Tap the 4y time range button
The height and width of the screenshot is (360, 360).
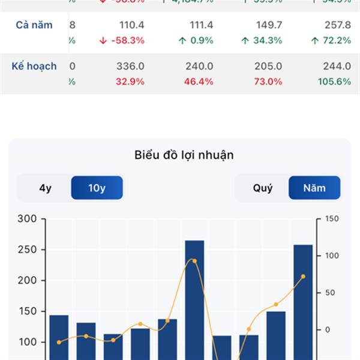[x=45, y=188]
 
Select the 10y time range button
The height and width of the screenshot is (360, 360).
[x=97, y=188]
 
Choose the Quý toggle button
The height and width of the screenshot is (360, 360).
[x=262, y=188]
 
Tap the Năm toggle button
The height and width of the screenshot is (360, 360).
[x=314, y=188]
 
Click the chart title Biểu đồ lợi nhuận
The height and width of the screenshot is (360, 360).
[x=184, y=155]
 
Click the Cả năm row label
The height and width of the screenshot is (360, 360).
[x=34, y=25]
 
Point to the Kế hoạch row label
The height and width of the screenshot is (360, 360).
[x=34, y=66]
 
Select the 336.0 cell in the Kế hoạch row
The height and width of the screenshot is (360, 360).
[x=130, y=66]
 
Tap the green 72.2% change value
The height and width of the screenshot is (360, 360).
[x=331, y=40]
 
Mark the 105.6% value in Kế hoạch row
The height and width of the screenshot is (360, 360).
[x=335, y=82]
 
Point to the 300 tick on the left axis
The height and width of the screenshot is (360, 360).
[x=28, y=219]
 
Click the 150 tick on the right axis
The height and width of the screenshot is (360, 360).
[x=331, y=219]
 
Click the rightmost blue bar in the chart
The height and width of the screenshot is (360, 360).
[x=303, y=300]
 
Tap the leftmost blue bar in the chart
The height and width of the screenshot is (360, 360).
[x=59, y=336]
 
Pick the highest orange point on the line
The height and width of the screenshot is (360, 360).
[x=194, y=261]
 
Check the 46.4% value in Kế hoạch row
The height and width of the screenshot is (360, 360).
[x=199, y=82]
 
